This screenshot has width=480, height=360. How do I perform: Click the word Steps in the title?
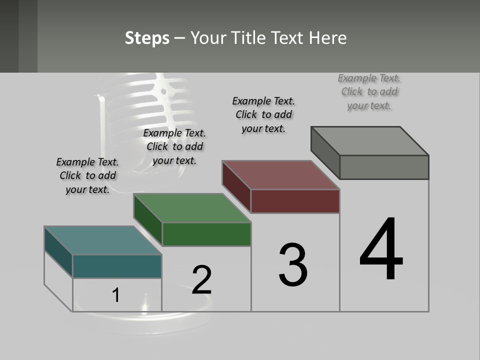147,38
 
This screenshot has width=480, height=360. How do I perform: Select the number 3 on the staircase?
293,265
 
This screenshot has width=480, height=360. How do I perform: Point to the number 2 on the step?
202,280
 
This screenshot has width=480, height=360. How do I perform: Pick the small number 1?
115,295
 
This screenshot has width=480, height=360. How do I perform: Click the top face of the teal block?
102,240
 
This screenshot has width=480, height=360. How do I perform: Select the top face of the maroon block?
281,175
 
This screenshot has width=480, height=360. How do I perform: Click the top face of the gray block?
370,141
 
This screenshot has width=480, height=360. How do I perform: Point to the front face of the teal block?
117,266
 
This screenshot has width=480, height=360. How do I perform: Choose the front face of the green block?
206,234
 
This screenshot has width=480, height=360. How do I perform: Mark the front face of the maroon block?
295,201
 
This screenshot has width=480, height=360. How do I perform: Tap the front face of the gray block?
384,167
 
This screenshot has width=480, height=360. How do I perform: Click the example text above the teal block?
87,175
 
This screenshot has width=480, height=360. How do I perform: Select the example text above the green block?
174,146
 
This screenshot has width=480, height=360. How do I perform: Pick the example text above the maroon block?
263,114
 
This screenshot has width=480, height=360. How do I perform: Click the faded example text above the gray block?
369,91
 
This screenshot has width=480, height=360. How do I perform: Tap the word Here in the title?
328,38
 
